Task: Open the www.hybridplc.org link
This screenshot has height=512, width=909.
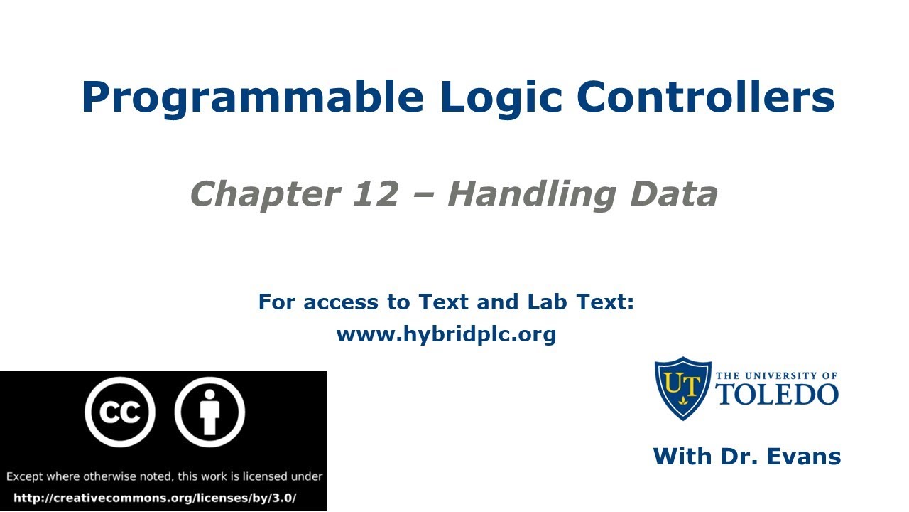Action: pyautogui.click(x=446, y=334)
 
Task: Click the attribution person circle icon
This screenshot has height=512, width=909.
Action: pyautogui.click(x=209, y=412)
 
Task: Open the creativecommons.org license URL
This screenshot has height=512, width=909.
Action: pyautogui.click(x=155, y=498)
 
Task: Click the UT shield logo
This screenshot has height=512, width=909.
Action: pyautogui.click(x=682, y=388)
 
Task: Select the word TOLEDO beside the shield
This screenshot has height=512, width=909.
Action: pyautogui.click(x=777, y=393)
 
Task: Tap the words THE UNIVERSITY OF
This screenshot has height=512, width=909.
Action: pyautogui.click(x=777, y=375)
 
